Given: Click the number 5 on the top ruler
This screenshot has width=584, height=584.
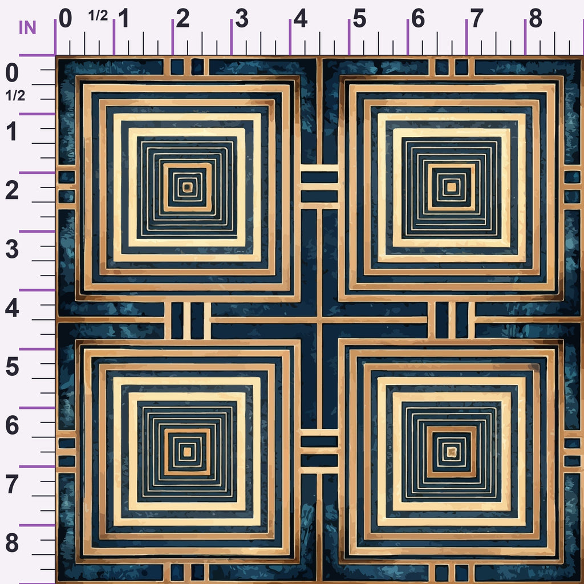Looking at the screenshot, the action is point(359,18).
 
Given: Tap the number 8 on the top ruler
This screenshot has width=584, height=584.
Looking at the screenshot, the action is point(535,18).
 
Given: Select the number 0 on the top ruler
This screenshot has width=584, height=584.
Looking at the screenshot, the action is point(65,18).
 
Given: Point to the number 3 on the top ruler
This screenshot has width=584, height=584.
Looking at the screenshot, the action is point(242,18).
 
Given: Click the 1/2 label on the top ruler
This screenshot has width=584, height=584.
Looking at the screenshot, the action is point(98,15).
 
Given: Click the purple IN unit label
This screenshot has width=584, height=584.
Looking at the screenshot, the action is point(27,27).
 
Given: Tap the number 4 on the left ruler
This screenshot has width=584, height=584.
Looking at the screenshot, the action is point(12,309).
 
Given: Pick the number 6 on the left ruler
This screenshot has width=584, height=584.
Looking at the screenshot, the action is point(12,425).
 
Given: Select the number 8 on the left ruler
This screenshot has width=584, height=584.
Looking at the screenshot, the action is point(12,543).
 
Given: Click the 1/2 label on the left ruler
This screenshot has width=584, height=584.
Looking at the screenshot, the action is point(15,96).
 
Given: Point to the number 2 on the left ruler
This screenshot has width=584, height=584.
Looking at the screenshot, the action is point(12,190).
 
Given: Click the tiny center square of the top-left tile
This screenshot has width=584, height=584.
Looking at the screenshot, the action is point(187,187).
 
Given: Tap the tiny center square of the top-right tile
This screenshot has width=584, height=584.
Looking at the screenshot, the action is point(452,187).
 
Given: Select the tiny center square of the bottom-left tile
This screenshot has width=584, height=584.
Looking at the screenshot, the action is point(187,452).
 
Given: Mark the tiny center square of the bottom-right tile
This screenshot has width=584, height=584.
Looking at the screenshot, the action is point(452,452).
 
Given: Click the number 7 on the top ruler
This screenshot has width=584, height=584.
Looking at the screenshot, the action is point(477,18).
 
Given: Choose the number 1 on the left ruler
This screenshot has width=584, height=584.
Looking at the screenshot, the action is point(12,132).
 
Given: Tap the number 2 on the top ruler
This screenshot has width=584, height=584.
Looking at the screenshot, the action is point(182,18).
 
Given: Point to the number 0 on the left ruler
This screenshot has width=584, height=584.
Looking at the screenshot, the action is point(12,73).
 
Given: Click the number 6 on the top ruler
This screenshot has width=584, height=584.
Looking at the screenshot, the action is point(418,18).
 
